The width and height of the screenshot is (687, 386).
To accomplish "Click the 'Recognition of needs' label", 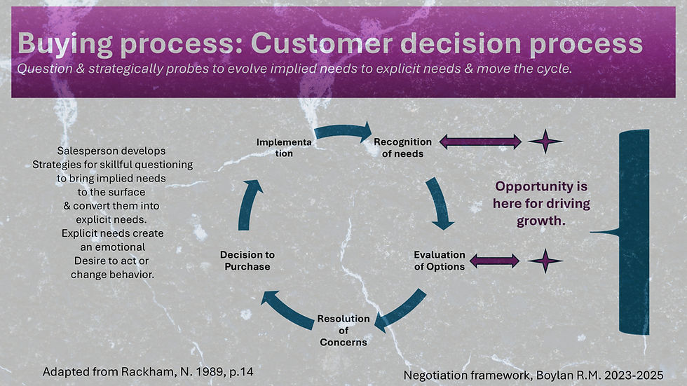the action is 402,148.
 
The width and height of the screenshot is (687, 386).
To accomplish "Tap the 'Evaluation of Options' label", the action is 440,261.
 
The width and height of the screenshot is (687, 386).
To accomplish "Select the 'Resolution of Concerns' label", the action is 343,331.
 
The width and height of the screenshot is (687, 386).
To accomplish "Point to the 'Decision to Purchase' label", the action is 247,261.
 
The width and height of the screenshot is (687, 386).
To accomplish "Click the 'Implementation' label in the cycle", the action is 284,148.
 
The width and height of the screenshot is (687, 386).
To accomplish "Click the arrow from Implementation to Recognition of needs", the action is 343,131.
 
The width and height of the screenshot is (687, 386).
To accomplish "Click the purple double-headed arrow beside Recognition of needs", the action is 480,142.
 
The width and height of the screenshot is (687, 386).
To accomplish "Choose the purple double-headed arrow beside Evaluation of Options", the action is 494,261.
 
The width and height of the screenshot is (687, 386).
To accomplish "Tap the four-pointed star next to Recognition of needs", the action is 545,142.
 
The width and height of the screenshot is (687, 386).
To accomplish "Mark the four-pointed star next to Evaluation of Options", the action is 545,261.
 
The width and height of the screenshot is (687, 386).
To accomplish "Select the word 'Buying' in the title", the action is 64,43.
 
